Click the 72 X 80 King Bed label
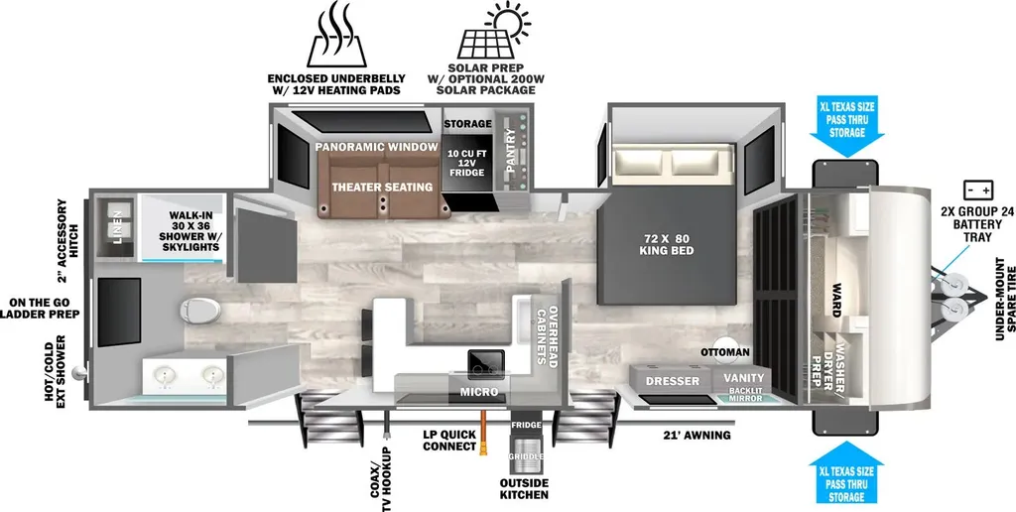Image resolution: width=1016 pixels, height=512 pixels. [x=666, y=244]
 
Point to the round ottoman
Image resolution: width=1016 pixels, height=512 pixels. [x=726, y=348]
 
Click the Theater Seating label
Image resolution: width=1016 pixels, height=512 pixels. [x=382, y=188]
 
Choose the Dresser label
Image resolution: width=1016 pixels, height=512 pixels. [x=672, y=381]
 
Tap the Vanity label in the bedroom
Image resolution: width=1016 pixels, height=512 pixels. [x=744, y=378]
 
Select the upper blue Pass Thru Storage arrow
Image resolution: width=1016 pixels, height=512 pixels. [x=847, y=129]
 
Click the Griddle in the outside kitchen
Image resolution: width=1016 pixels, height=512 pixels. [x=526, y=455]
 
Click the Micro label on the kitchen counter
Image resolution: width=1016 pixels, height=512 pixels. [x=479, y=392]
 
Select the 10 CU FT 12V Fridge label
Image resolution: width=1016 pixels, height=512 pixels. [x=466, y=164]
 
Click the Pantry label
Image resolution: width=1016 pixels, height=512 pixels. [x=511, y=151]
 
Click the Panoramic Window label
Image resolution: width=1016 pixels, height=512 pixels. [x=377, y=147]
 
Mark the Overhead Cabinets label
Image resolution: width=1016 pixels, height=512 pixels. [x=546, y=337]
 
